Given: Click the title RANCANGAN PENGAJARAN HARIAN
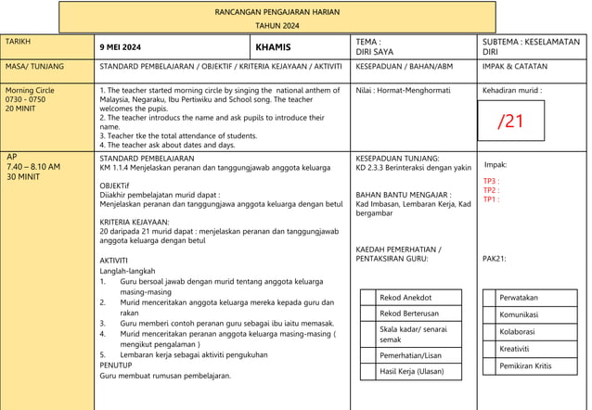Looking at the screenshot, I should coord(277,11).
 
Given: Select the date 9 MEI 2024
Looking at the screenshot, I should coord(121,47).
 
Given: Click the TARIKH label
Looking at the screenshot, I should coord(18,43).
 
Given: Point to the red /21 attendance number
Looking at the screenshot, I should coord(510,122).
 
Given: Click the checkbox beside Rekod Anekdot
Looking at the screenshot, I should coord(368,298).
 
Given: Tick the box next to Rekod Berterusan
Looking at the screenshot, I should coord(368,314).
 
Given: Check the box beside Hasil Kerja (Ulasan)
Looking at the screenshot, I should coord(368,371).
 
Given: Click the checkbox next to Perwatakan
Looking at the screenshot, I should coord(490,298).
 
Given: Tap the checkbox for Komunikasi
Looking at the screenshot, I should coord(490,314).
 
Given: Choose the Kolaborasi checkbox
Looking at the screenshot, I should coord(490,331).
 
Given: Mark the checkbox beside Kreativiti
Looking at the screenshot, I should coord(490,349).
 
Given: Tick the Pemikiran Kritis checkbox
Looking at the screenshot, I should coord(490,365).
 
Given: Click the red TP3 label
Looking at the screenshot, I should coord(491,182).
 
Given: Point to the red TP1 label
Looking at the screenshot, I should coord(491,199).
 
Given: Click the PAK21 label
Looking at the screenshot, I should coord(495,259).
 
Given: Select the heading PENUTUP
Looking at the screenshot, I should coord(118,365).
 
